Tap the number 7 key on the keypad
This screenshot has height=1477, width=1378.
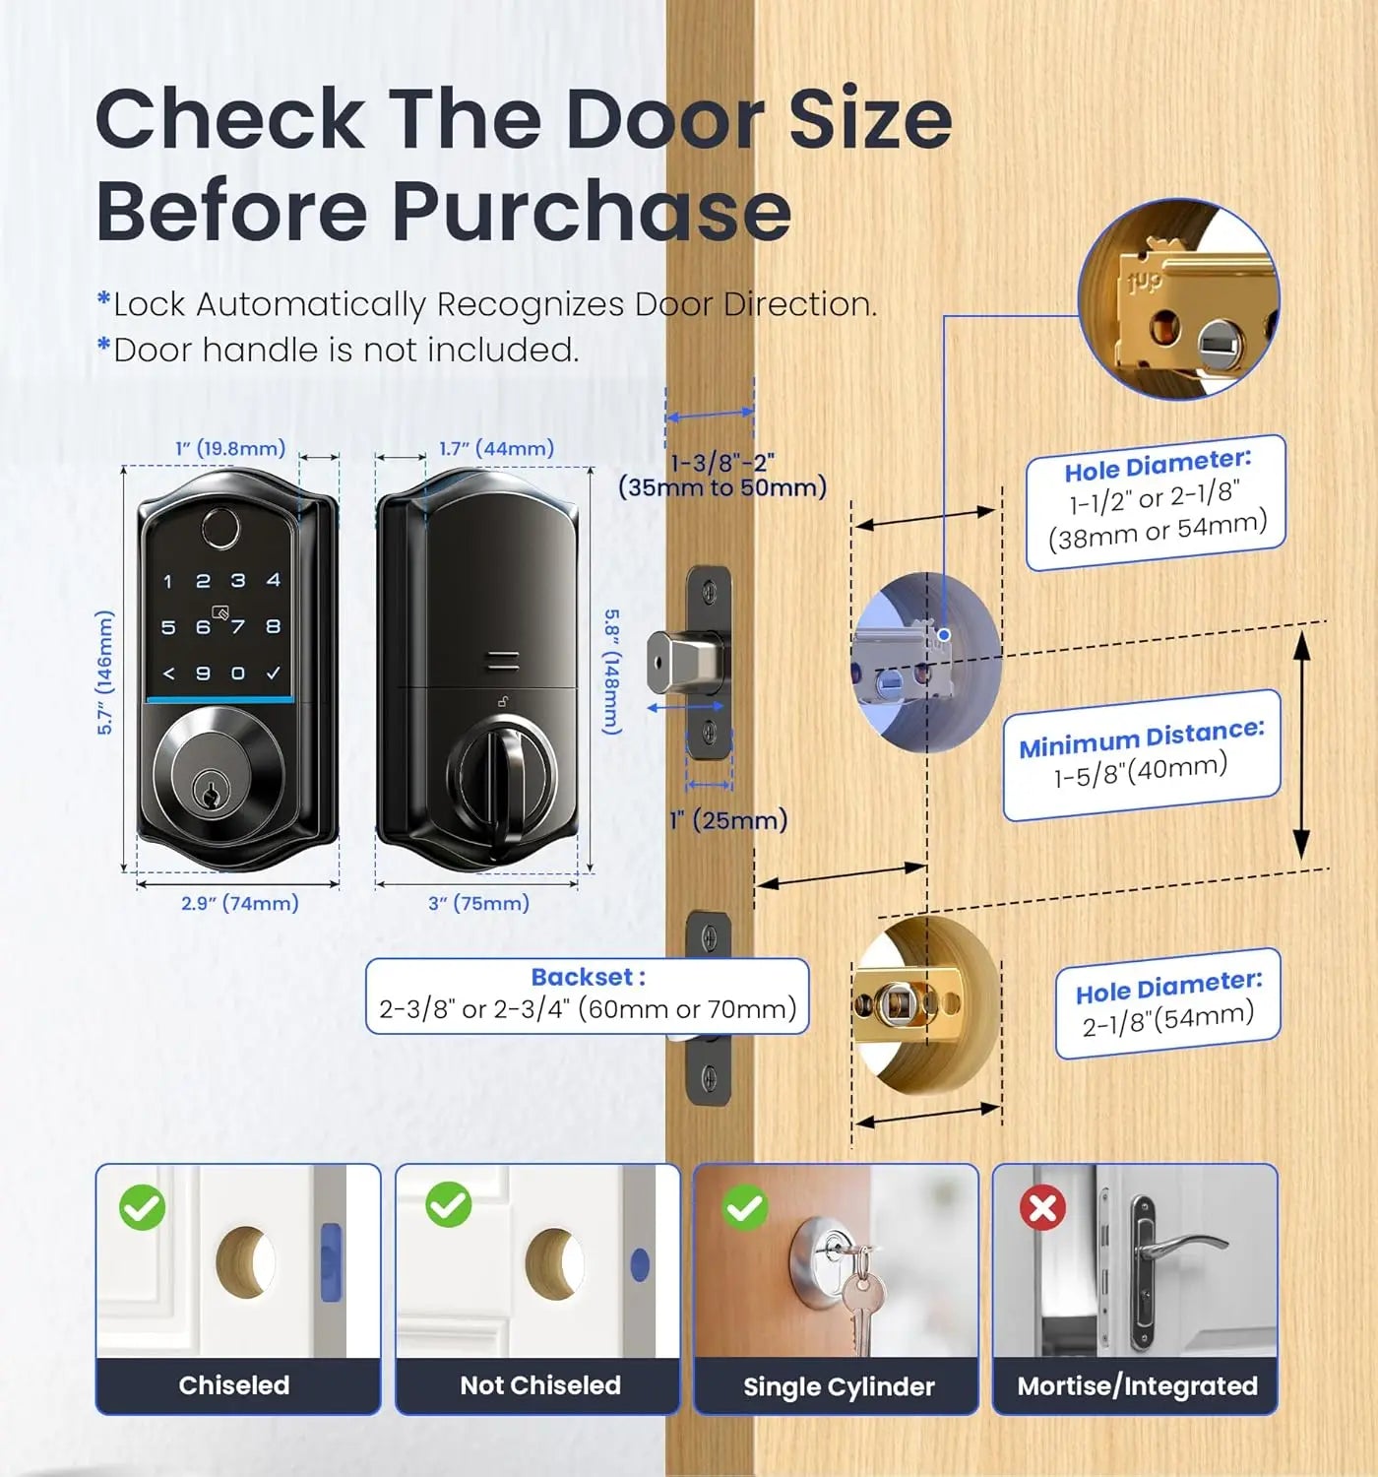coord(237,626)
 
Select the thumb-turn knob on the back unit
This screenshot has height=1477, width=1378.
coord(502,778)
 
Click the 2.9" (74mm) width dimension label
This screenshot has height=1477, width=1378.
coord(239,903)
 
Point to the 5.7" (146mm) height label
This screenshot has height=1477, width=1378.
coord(105,673)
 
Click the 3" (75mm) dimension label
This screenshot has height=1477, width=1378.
coord(478,903)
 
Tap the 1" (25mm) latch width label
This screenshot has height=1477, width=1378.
coord(728,820)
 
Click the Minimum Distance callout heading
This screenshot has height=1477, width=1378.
coord(1141,738)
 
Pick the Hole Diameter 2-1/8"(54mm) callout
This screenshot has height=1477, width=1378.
coord(1167,1004)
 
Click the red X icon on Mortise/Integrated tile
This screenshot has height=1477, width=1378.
coord(1042,1207)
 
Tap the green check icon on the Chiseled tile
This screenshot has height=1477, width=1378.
coord(143,1207)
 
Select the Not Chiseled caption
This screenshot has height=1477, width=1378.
coord(539,1385)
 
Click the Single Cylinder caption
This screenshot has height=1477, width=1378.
coord(838,1386)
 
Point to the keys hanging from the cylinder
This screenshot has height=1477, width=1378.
coord(861,1300)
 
